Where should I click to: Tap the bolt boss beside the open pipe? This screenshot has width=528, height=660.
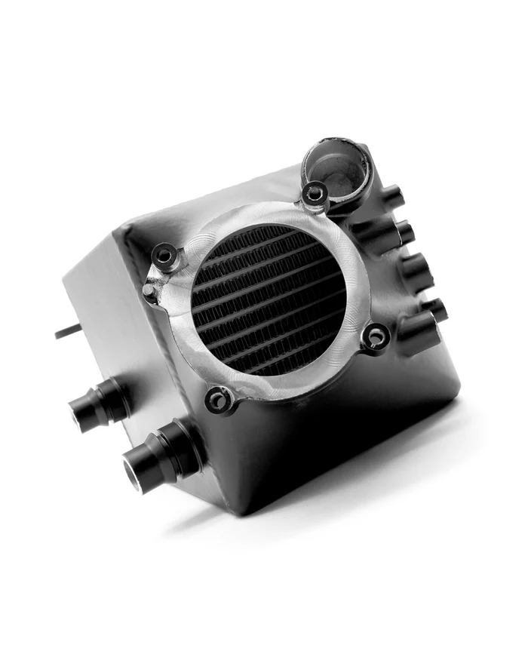[315, 195]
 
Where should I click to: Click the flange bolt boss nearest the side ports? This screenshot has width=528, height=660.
[375, 336]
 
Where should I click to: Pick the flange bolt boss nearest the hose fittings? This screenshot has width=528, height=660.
[219, 400]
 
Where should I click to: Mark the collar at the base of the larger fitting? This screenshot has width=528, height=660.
[186, 445]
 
